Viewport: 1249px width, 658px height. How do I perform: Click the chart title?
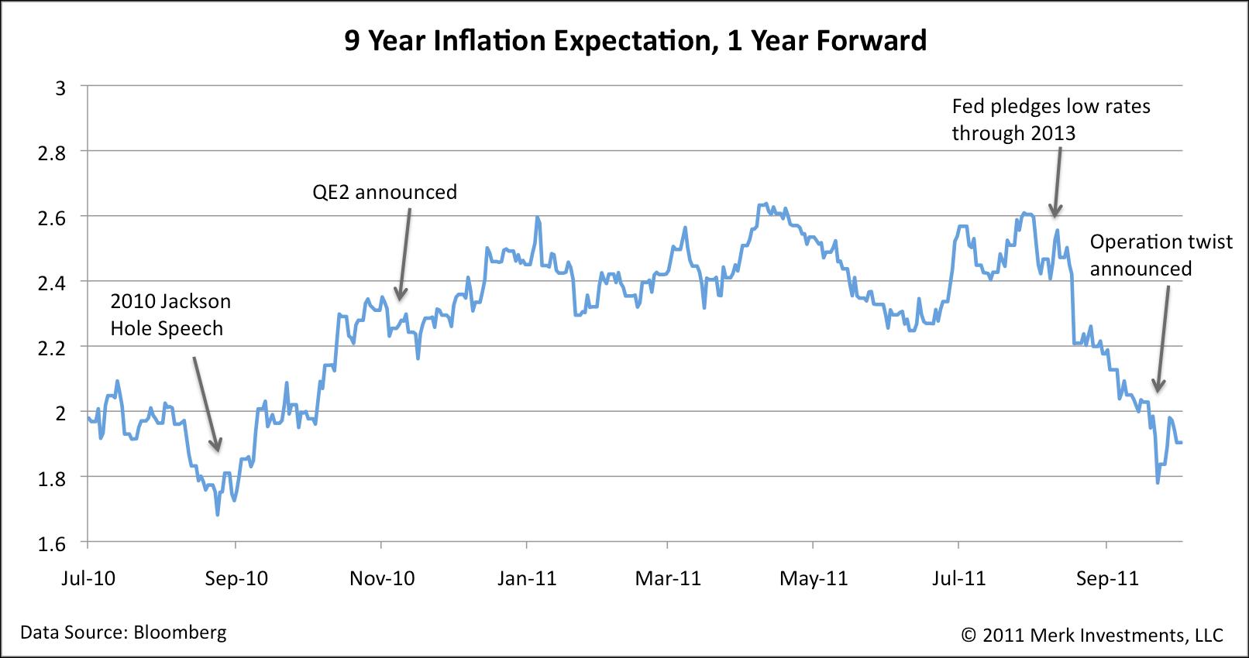635,40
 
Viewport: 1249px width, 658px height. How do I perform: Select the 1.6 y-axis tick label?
52,544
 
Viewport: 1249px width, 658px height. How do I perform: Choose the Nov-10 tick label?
382,578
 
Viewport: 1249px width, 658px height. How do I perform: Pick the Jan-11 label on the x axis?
528,578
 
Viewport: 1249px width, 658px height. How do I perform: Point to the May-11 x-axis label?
814,578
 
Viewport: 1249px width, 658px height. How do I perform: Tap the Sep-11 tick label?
1106,578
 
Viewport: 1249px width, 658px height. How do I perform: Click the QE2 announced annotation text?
384,191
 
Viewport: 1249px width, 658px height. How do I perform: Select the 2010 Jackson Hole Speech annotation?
170,314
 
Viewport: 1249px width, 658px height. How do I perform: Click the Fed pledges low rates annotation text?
1051,119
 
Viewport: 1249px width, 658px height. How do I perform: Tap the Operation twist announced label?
1161,255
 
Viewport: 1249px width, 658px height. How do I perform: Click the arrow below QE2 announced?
404,255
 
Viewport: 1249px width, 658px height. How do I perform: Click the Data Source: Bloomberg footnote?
123,632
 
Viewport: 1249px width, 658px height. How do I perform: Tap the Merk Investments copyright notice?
1092,636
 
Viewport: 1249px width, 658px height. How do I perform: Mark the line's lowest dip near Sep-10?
218,514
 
